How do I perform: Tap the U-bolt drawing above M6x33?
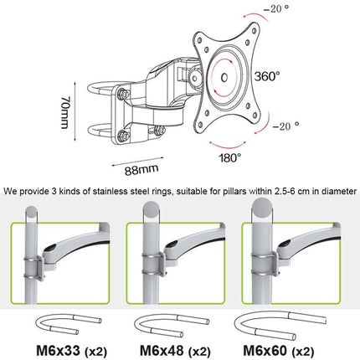coord(65,322)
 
